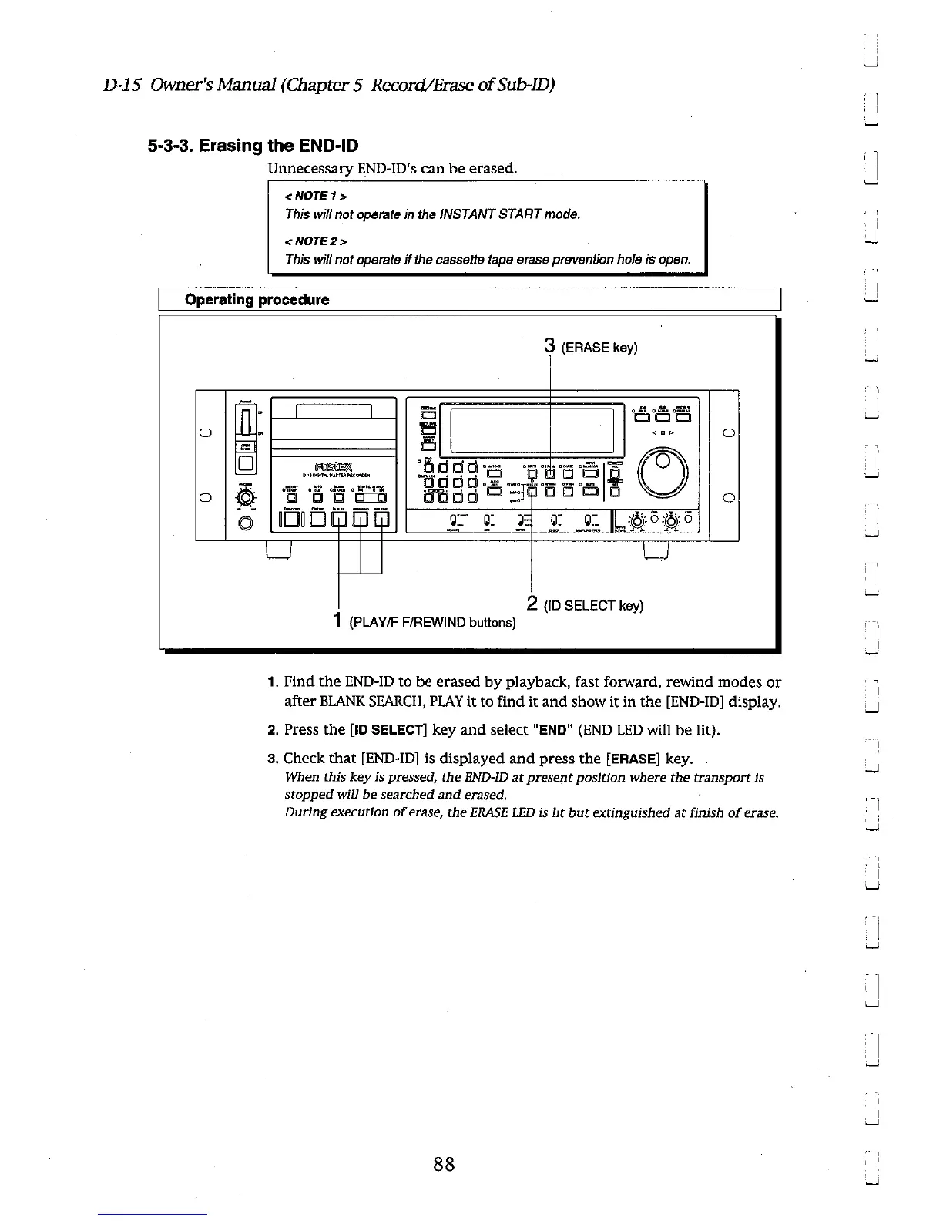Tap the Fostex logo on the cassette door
pyautogui.click(x=332, y=463)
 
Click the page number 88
pyautogui.click(x=443, y=1164)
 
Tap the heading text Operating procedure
pyautogui.click(x=257, y=300)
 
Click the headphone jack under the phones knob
pyautogui.click(x=246, y=524)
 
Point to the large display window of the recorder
pyautogui.click(x=532, y=431)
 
